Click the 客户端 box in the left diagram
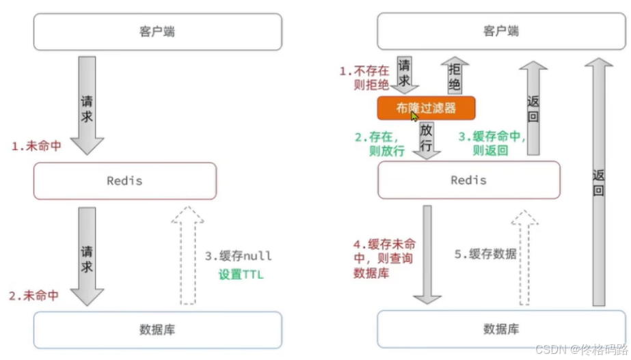157,31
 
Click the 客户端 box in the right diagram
501,31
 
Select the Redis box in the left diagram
125,180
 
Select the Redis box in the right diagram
469,180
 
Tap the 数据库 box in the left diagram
157,330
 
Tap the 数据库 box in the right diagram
501,329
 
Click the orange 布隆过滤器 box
426,108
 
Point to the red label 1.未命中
36,146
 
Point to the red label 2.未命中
33,296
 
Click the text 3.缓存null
238,256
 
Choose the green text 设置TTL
240,275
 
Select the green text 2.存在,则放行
380,144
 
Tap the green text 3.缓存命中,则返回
491,143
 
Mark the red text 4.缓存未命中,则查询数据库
384,258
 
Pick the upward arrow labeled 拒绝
455,76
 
